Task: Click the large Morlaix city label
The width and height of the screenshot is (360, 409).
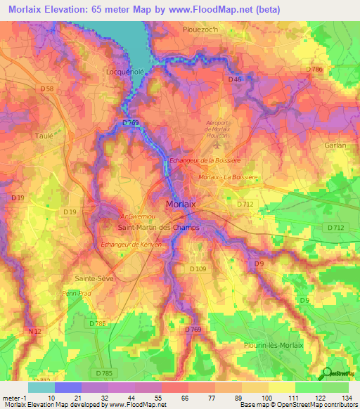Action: [x=181, y=204]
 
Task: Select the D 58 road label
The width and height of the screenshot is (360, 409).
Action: [x=47, y=88]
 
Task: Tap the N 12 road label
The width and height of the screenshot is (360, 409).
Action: [x=34, y=330]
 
